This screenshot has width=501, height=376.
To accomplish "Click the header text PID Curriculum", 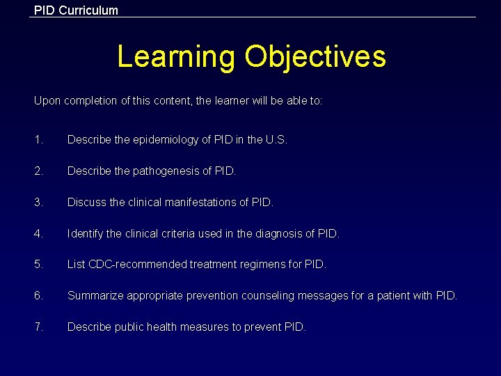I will point(77,10).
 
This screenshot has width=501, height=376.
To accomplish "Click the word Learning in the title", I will point(176,56).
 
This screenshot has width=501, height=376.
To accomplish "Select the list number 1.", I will point(38,139).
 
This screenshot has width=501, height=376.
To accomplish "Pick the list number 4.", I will point(38,233).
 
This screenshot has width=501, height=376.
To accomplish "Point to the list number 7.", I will point(38,327).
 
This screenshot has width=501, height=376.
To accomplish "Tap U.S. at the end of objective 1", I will point(276,139).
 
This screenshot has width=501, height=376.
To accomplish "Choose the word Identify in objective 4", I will point(85,233).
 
